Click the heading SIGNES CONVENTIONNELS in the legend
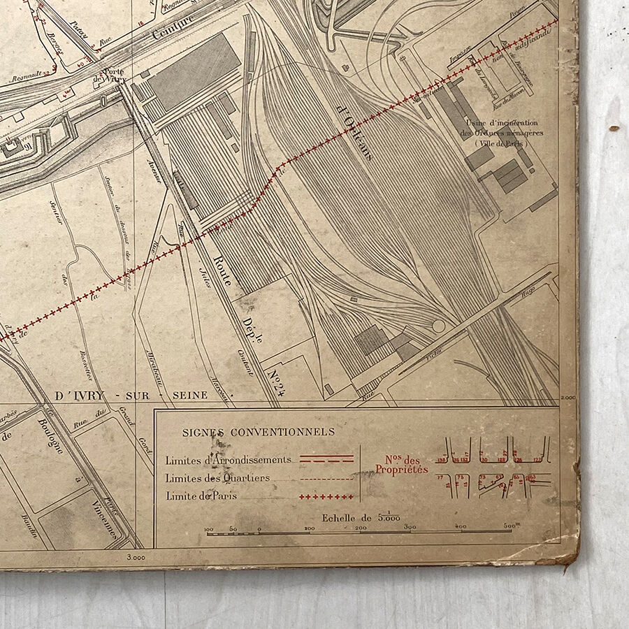259,432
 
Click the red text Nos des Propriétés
401,465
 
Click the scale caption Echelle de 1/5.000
361,518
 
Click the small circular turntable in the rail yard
439,326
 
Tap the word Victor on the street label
438,356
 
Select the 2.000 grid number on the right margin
567,397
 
